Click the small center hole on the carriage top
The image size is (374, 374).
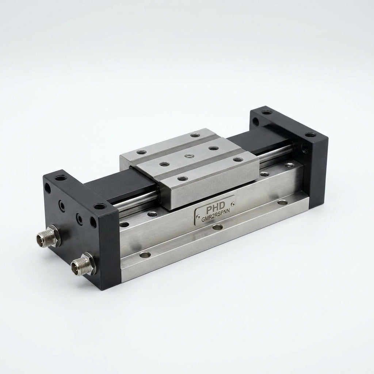tap(189, 156)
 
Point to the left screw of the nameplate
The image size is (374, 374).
tap(198, 217)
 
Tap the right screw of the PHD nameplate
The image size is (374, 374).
tap(233, 204)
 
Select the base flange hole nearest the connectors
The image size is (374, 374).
tap(145, 255)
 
